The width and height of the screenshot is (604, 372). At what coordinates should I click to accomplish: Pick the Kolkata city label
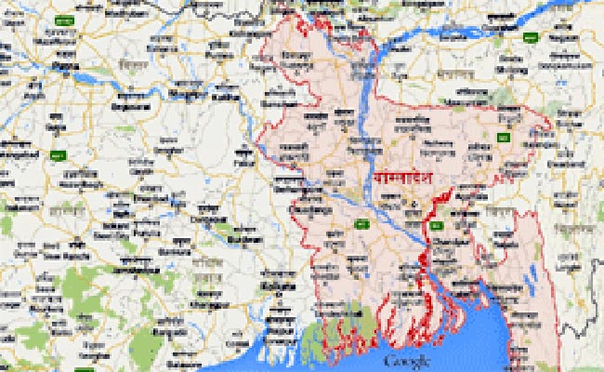click(278, 286)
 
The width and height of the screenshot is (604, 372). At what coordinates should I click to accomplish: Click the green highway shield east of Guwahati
click(531, 38)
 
